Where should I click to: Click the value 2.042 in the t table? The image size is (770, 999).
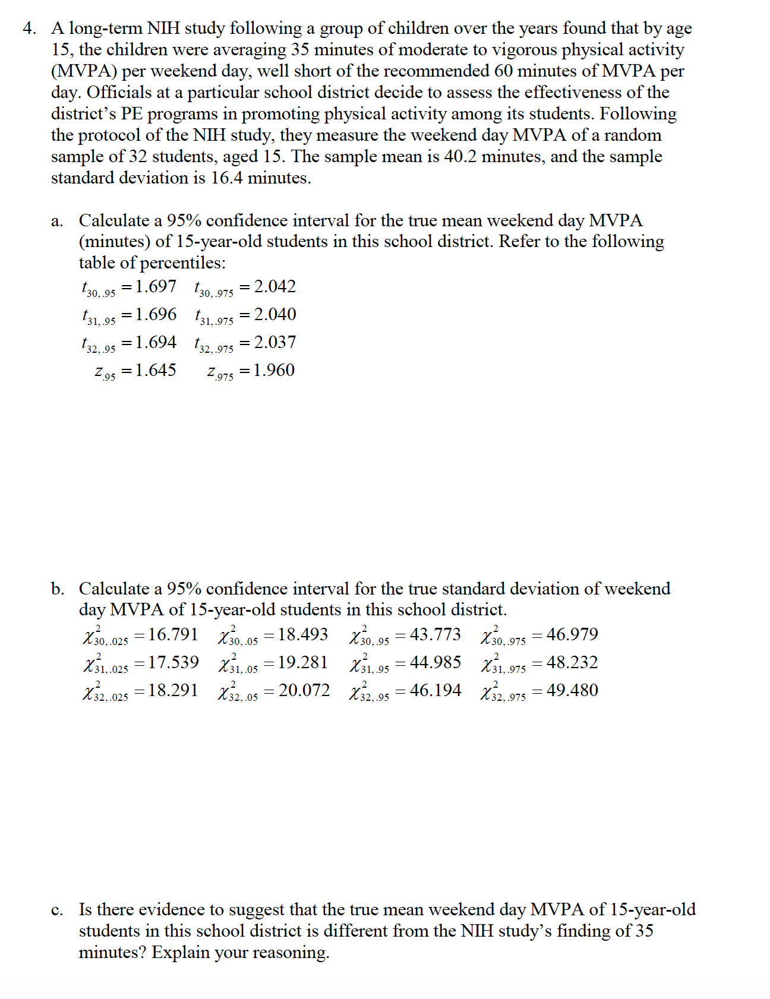click(x=274, y=287)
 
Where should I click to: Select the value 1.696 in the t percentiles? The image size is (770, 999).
click(x=156, y=315)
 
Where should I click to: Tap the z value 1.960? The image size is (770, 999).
click(x=274, y=371)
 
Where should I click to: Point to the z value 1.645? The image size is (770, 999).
click(x=156, y=371)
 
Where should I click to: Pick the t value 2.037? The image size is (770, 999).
click(x=274, y=343)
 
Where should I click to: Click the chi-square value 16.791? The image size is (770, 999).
click(x=173, y=635)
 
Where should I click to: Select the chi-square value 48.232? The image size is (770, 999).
click(x=572, y=663)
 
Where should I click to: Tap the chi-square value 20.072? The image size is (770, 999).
click(x=304, y=691)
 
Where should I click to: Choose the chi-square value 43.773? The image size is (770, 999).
click(x=435, y=635)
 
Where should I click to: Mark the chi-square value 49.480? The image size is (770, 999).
click(x=572, y=691)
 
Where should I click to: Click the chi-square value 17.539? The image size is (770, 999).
click(x=173, y=663)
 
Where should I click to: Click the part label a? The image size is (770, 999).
click(x=56, y=222)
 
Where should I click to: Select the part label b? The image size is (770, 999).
click(x=57, y=589)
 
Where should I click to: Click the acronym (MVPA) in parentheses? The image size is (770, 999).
click(x=84, y=71)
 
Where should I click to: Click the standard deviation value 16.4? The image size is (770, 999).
click(x=226, y=178)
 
